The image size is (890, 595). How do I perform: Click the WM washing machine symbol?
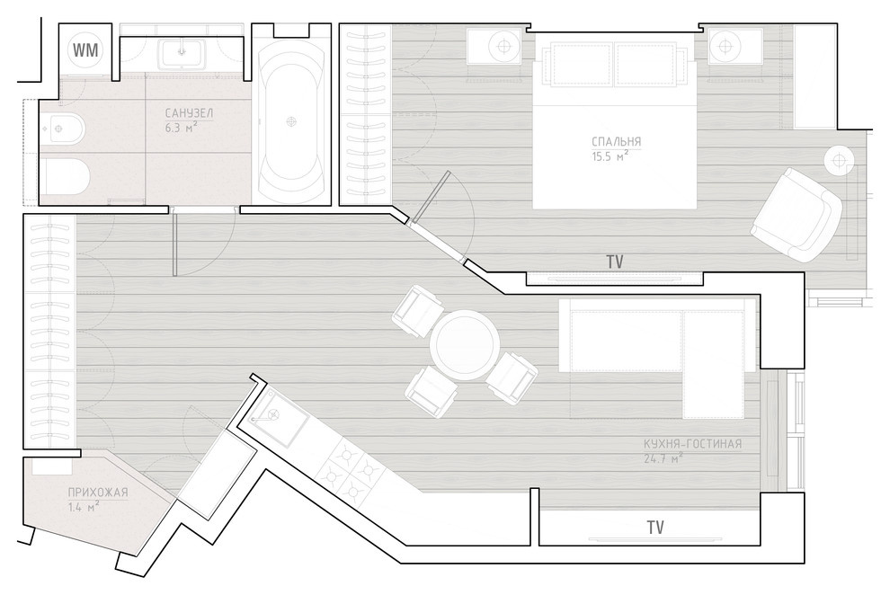[x=86, y=50]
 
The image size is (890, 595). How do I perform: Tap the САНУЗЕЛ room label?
[x=190, y=113]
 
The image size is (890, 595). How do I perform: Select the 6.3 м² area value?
[x=181, y=127]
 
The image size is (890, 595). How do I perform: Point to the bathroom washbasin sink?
[x=182, y=52]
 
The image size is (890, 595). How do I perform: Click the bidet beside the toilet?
[x=62, y=129]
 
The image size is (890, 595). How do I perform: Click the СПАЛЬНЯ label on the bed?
[x=617, y=141]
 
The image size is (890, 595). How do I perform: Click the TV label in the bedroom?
[x=615, y=262]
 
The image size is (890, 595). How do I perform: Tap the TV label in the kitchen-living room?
[x=655, y=528]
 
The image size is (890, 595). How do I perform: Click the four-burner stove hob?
[x=351, y=471]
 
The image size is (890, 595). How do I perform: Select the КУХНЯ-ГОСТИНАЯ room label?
[x=692, y=444]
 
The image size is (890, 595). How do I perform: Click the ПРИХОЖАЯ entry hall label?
[x=98, y=493]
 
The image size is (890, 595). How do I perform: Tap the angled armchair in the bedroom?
[x=796, y=215]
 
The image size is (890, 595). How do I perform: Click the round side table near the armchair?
[x=840, y=161]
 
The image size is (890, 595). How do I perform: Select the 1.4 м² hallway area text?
[x=84, y=507]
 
